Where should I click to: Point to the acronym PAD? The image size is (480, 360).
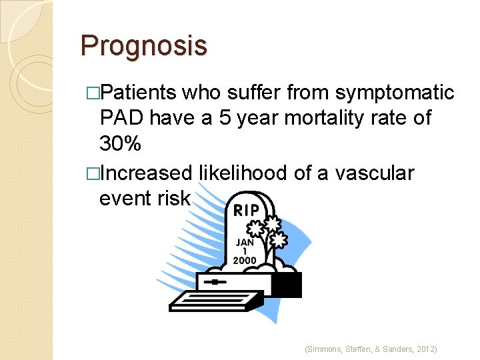121,118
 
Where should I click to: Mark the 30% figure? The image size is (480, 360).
119,143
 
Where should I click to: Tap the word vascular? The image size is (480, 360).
375,173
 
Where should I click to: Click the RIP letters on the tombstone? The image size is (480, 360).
247,211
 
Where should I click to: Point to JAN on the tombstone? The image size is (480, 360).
245,243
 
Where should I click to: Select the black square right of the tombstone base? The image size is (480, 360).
286,285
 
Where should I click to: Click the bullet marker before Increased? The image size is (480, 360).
93,174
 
